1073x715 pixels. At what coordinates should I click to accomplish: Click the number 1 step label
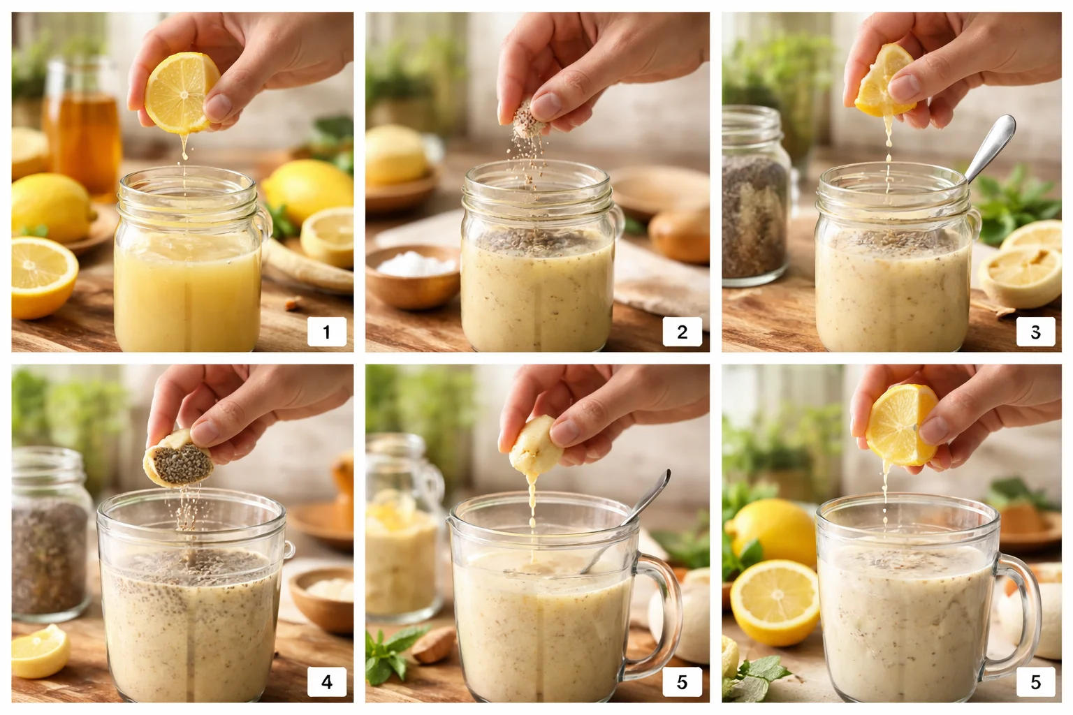click(x=326, y=332)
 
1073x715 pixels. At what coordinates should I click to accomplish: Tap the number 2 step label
click(x=682, y=332)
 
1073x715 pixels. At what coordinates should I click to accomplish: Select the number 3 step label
click(x=1035, y=332)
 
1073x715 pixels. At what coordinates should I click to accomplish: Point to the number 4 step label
click(x=326, y=681)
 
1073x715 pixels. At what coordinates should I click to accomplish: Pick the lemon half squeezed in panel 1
click(x=180, y=93)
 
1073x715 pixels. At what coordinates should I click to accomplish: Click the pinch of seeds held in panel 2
click(x=523, y=119)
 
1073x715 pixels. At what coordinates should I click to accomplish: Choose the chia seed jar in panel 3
click(x=754, y=202)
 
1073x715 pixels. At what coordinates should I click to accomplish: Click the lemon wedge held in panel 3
click(x=883, y=82)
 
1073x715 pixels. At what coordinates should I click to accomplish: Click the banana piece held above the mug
click(x=534, y=444)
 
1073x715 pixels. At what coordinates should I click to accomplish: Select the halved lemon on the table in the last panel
click(x=774, y=600)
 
